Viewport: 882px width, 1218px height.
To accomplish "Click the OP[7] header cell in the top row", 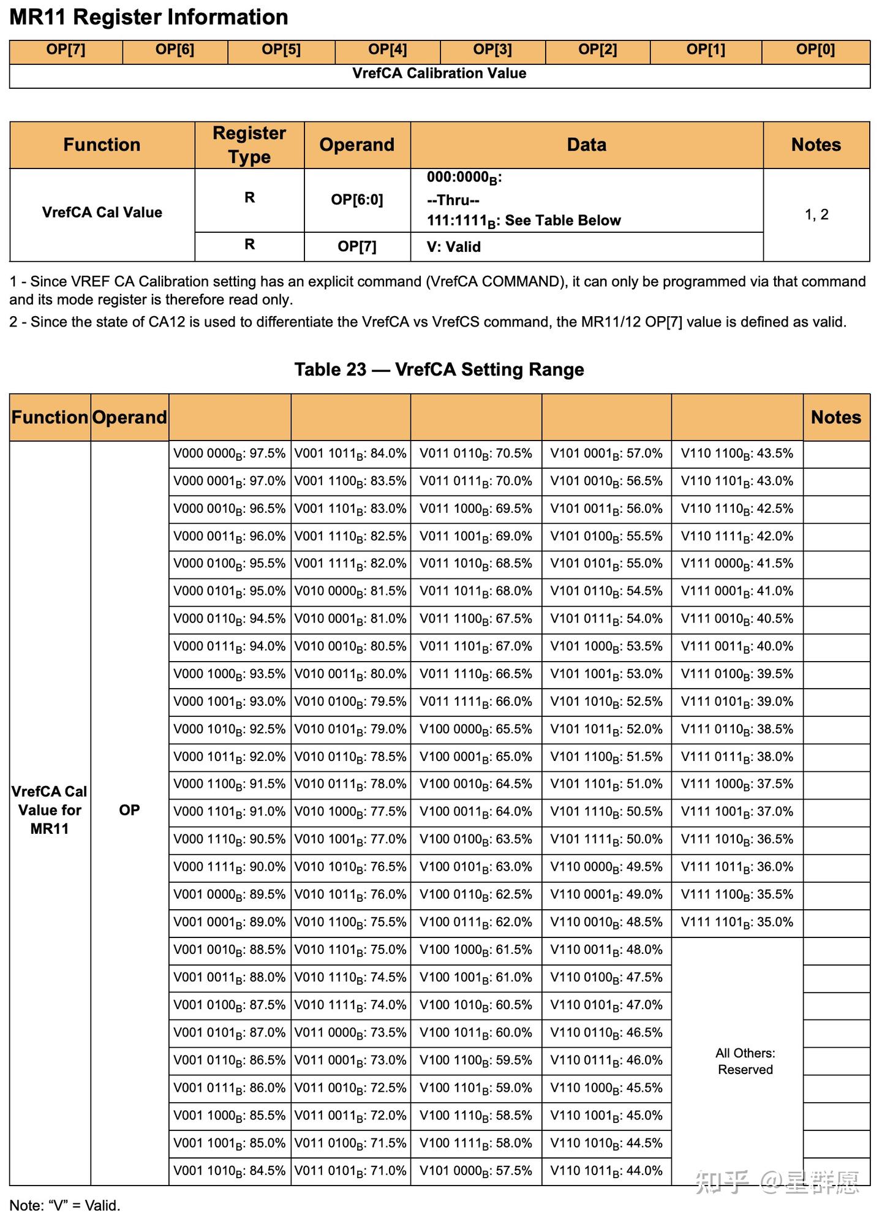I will point(66,50).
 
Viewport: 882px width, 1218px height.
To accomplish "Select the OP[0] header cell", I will point(815,50).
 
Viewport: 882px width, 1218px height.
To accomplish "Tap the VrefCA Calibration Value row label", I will point(439,74).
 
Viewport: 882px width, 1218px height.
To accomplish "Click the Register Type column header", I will point(249,145).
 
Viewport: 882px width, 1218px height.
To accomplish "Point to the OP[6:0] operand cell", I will point(356,200).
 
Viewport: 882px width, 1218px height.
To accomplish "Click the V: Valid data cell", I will point(454,247).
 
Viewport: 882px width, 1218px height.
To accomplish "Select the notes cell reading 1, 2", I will point(816,214).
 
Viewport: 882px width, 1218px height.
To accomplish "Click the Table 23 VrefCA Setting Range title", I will point(439,369).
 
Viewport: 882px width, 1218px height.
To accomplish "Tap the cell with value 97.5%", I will point(229,454).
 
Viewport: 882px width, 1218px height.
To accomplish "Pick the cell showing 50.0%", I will point(606,839).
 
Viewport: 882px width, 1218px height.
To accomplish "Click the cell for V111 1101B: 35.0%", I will point(737,922).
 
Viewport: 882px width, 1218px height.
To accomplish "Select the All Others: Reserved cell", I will point(745,1061).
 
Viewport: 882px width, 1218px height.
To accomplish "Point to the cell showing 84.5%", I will point(229,1171).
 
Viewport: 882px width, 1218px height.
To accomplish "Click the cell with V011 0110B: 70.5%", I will point(475,454).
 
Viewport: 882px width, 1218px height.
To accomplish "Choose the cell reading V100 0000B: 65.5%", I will point(475,730).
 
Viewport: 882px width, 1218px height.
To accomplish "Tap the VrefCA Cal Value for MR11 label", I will point(50,810).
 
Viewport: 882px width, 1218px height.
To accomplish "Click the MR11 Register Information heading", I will point(149,17).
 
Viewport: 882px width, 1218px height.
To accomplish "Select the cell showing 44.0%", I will point(606,1171).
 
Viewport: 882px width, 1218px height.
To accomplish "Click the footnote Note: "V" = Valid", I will point(65,1205).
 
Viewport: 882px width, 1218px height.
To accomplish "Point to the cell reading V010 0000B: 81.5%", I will point(350,592).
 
